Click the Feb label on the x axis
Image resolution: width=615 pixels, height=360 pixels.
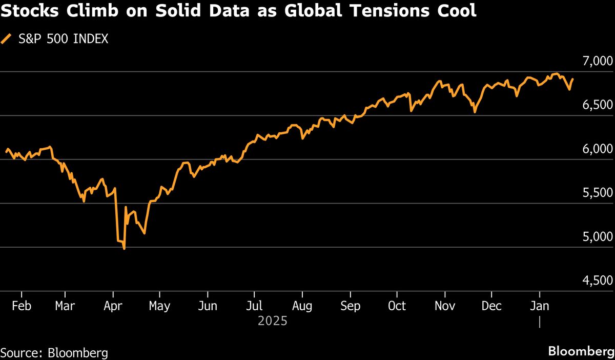(21, 306)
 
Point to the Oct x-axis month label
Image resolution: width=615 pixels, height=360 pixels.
(397, 306)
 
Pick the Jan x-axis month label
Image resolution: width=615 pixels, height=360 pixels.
(539, 306)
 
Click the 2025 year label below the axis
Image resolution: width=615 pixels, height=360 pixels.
(273, 322)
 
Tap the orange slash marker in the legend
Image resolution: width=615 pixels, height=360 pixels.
(7, 39)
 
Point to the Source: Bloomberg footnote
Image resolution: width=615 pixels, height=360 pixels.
(54, 353)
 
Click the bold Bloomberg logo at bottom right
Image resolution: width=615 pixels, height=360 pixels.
(581, 352)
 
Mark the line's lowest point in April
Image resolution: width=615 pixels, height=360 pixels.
(124, 249)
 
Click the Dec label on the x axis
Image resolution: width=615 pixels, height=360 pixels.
(491, 306)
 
